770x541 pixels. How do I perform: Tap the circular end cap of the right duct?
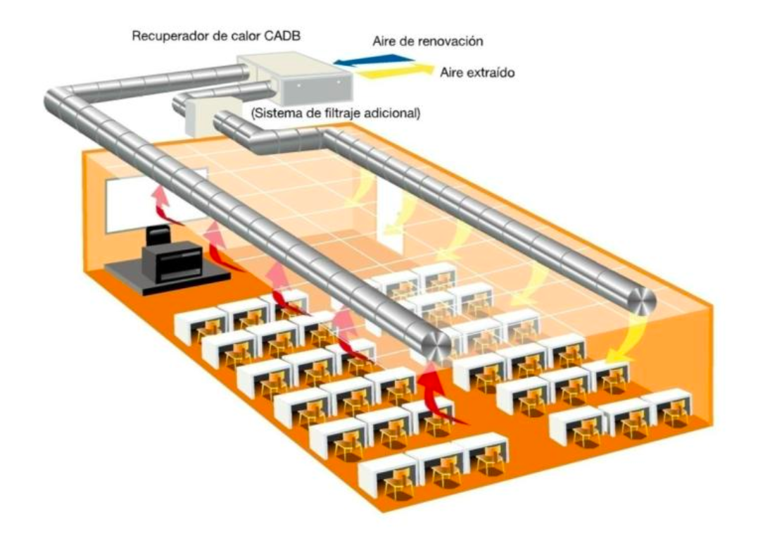[x=638, y=301]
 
